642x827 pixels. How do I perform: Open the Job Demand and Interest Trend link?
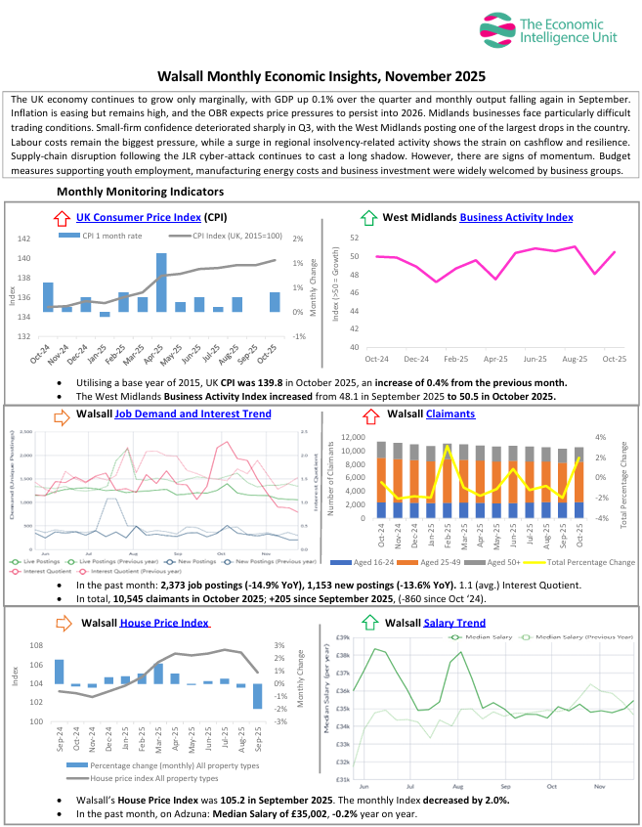(193, 413)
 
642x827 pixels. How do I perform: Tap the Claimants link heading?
(450, 413)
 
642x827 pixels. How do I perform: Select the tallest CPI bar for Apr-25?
(161, 282)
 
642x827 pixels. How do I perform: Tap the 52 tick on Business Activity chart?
(354, 238)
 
